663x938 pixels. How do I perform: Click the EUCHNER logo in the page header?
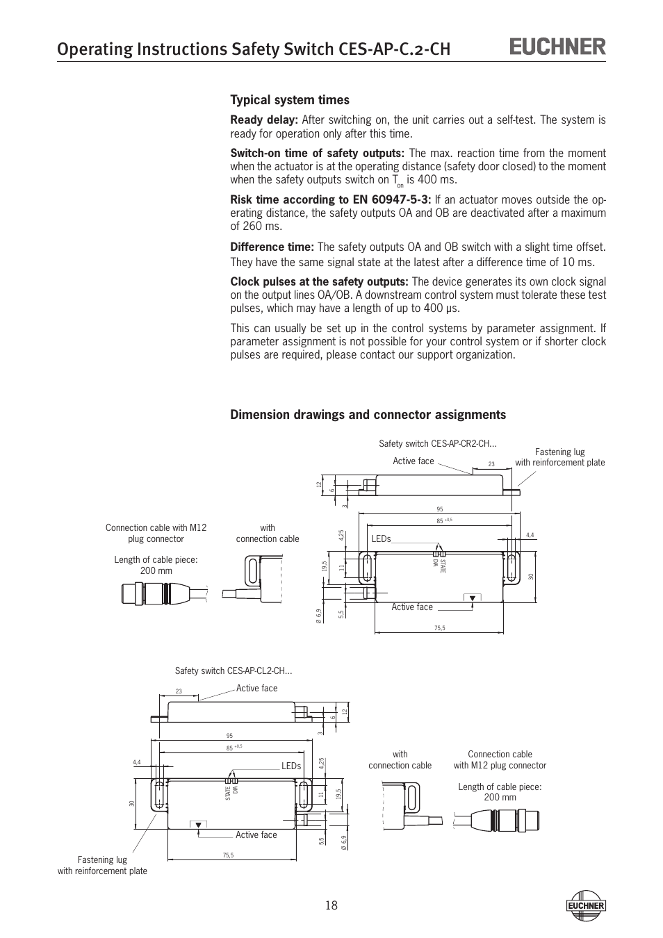[x=558, y=47]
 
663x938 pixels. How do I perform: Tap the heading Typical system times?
[x=290, y=100]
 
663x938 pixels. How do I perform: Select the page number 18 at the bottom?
[x=331, y=905]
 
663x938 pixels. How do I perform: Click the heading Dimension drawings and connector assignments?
[x=368, y=415]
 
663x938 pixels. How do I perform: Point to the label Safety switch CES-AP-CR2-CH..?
[x=438, y=443]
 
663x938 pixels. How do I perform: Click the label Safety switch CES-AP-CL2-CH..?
[x=234, y=670]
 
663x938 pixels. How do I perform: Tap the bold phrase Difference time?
[x=272, y=247]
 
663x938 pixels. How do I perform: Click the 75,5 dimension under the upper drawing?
[x=439, y=628]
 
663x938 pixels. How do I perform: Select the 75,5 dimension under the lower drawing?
[x=228, y=855]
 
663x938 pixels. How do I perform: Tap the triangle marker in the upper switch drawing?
[x=473, y=598]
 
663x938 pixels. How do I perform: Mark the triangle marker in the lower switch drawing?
[x=198, y=825]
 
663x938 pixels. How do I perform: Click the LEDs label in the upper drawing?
[x=381, y=539]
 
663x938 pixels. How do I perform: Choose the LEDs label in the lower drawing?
[x=291, y=766]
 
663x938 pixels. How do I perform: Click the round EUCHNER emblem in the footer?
[x=587, y=905]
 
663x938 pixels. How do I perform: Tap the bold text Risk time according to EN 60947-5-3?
[x=331, y=200]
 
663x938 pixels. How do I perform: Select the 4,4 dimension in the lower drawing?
[x=137, y=762]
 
